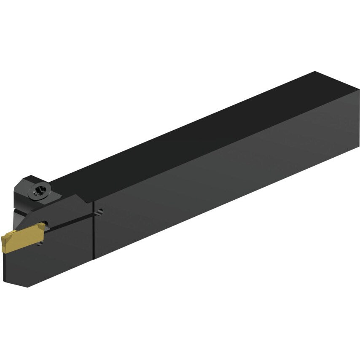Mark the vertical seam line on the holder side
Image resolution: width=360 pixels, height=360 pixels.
(93, 236)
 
